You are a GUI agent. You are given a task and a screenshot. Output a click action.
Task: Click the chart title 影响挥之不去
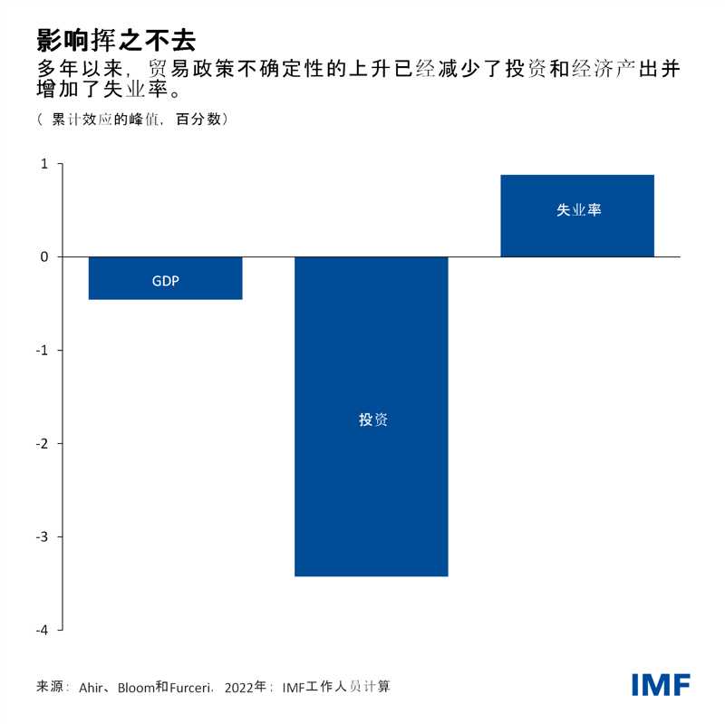tap(116, 39)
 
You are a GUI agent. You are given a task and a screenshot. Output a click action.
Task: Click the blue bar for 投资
tap(372, 489)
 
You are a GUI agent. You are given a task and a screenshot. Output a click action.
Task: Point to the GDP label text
tap(165, 281)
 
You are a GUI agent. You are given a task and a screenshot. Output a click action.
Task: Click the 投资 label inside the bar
tap(372, 420)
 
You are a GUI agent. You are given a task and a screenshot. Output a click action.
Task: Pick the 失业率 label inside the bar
tap(578, 210)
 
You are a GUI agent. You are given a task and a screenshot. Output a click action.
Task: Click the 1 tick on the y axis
tap(44, 164)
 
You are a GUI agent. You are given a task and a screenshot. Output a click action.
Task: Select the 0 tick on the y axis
tap(44, 257)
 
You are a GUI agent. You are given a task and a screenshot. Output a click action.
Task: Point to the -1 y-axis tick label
tap(43, 351)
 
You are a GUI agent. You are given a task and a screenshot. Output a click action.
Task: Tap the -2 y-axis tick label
tap(43, 444)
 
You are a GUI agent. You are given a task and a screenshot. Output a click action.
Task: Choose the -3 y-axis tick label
tap(43, 537)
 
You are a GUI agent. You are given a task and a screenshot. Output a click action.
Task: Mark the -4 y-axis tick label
tap(43, 631)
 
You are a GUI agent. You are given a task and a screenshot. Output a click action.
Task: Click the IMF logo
tap(661, 685)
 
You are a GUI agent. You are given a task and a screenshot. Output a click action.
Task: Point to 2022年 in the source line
tap(246, 687)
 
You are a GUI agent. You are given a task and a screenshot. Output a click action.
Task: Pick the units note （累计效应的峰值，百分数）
tap(131, 120)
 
